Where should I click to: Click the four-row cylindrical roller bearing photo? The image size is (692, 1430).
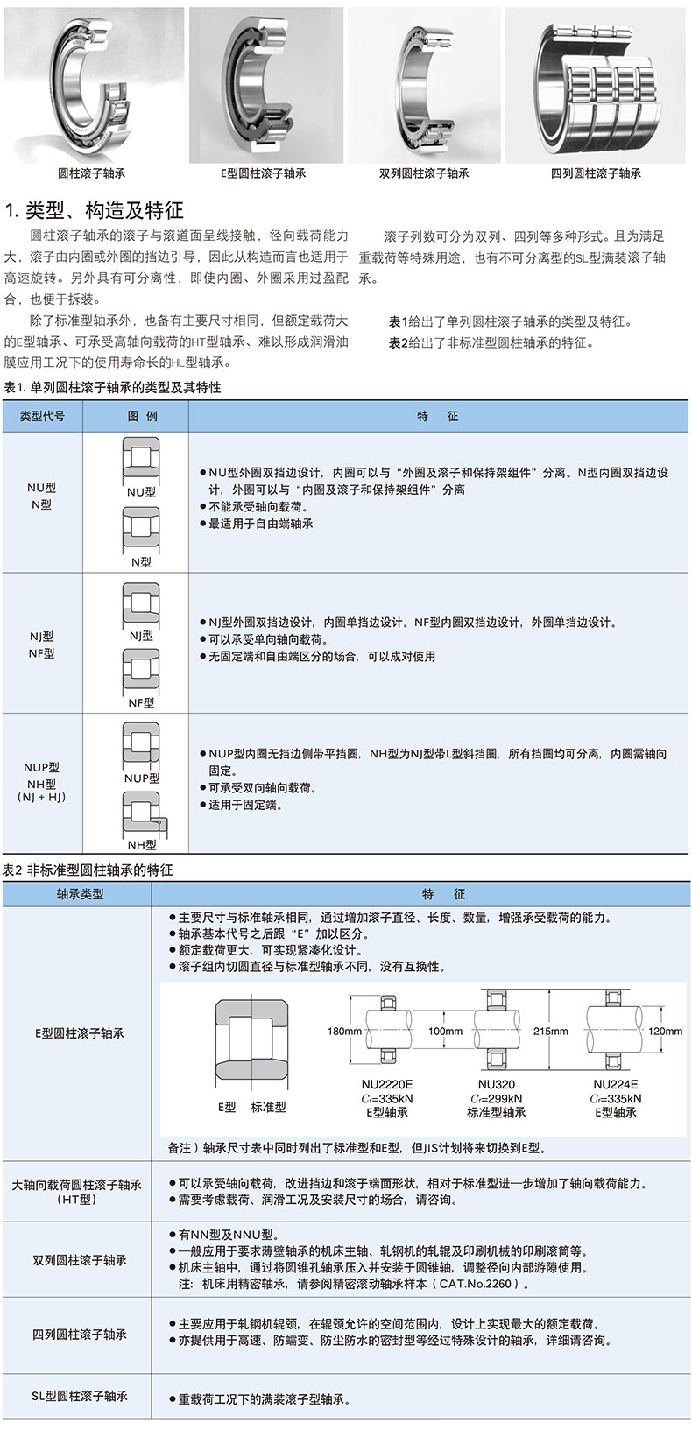click(x=598, y=84)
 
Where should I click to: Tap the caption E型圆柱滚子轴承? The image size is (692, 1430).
click(x=263, y=173)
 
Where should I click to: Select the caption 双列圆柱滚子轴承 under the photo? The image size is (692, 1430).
click(x=424, y=173)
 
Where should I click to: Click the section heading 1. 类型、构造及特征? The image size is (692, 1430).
click(x=95, y=210)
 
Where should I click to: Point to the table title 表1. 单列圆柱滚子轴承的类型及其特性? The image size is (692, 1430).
click(x=113, y=387)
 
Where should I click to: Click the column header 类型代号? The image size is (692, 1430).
click(x=42, y=416)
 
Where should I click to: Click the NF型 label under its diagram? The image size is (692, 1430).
click(x=141, y=702)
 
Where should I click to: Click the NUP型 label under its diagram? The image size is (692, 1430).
click(x=141, y=778)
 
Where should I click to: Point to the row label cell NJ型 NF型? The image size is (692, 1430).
click(x=41, y=645)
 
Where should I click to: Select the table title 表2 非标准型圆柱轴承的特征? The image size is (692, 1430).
click(x=88, y=870)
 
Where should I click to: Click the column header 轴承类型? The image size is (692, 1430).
click(x=80, y=894)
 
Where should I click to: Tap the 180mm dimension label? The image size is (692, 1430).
click(x=344, y=1031)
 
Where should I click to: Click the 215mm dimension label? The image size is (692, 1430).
click(x=550, y=1031)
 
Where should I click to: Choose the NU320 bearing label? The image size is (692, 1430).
click(x=496, y=1084)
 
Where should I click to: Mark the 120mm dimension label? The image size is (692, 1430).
click(x=665, y=1031)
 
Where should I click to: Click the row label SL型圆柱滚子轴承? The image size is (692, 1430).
click(x=80, y=1396)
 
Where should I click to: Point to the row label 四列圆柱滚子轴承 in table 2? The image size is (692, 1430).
click(x=80, y=1335)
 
